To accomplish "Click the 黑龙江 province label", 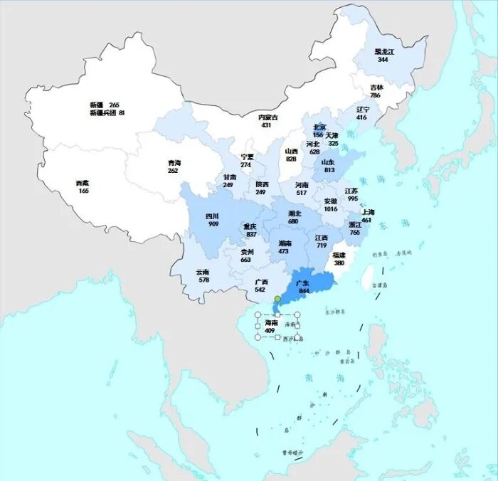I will pyautogui.click(x=384, y=52).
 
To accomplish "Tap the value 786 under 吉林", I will pyautogui.click(x=375, y=95).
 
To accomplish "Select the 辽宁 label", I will pyautogui.click(x=362, y=109).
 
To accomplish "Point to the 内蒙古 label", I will pyautogui.click(x=267, y=117).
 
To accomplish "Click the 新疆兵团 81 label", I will pyautogui.click(x=107, y=113).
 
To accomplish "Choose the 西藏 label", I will pyautogui.click(x=83, y=183).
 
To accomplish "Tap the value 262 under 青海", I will pyautogui.click(x=174, y=171).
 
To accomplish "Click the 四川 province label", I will pyautogui.click(x=213, y=216).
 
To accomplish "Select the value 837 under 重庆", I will pyautogui.click(x=250, y=234).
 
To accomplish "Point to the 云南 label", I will pyautogui.click(x=203, y=272).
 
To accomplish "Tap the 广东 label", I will pyautogui.click(x=302, y=283).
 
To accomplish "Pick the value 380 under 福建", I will pyautogui.click(x=339, y=263).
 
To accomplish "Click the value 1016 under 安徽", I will pyautogui.click(x=331, y=209).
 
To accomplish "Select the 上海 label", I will pyautogui.click(x=367, y=212).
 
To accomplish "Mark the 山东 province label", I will pyautogui.click(x=327, y=162).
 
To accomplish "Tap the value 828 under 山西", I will pyautogui.click(x=291, y=159).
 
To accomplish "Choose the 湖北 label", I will pyautogui.click(x=295, y=213).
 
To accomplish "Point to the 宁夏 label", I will pyautogui.click(x=247, y=157).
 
